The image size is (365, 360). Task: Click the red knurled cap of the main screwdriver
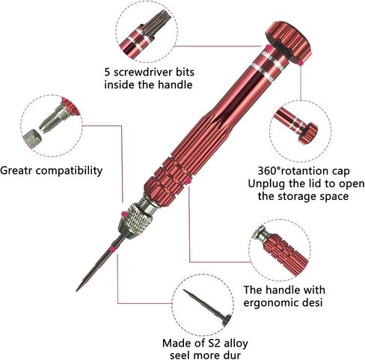pyautogui.click(x=289, y=42)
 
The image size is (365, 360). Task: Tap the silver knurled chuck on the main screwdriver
pyautogui.click(x=136, y=221)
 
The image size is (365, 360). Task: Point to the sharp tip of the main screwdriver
pyautogui.click(x=77, y=290)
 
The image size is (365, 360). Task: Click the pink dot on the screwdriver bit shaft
pyautogui.click(x=113, y=249)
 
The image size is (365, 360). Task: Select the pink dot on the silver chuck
pyautogui.click(x=123, y=214)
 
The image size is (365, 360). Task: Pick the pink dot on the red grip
pyautogui.click(x=189, y=181)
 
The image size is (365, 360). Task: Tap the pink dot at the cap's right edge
pyautogui.click(x=301, y=63)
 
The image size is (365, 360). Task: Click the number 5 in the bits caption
pyautogui.click(x=107, y=72)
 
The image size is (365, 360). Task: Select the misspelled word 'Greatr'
pyautogui.click(x=17, y=171)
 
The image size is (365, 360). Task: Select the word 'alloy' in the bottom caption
pyautogui.click(x=236, y=344)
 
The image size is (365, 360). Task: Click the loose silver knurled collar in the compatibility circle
pyautogui.click(x=32, y=138)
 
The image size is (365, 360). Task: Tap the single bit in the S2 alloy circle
pyautogui.click(x=207, y=308)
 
